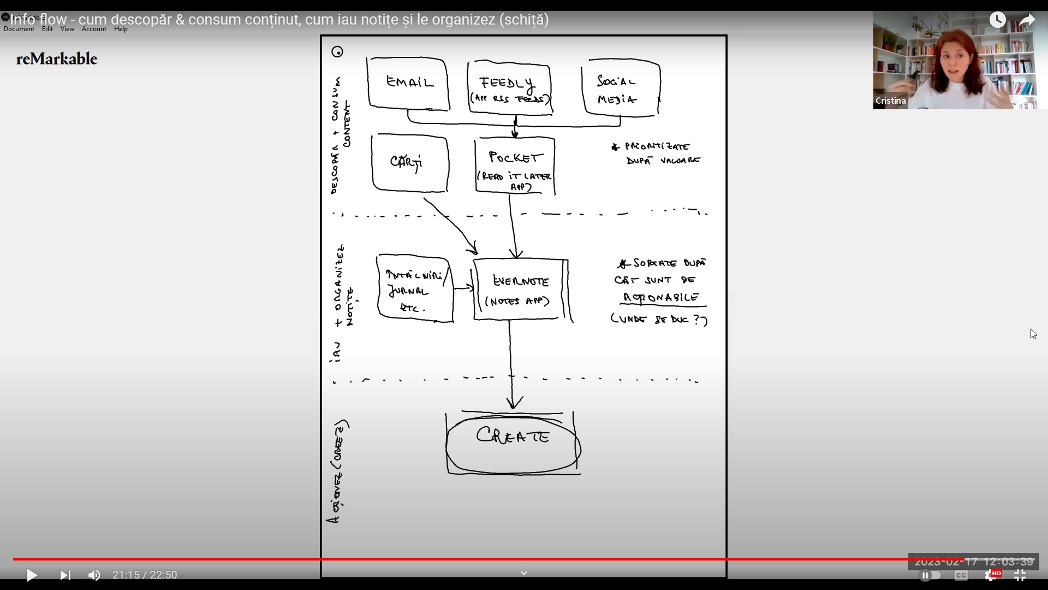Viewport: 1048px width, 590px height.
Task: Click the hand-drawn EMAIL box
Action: [409, 84]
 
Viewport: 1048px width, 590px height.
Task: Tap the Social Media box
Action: [621, 88]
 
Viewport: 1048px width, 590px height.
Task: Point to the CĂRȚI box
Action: [409, 163]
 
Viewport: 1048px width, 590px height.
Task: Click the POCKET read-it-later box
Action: [515, 166]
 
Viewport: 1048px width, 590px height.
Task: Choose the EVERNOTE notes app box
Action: [521, 290]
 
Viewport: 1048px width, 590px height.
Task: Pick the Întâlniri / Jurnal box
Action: [415, 288]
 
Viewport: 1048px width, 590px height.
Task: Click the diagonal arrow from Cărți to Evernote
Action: [451, 225]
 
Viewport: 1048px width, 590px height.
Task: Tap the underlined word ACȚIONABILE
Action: [662, 298]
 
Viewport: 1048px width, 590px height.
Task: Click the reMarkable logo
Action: [57, 59]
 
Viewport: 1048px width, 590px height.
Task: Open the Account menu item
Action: [94, 29]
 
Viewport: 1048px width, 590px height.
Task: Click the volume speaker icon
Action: [94, 575]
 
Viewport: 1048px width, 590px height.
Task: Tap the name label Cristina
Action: [891, 101]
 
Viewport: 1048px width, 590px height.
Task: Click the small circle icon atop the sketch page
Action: [337, 52]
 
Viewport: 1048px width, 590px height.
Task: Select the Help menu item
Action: [121, 29]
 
